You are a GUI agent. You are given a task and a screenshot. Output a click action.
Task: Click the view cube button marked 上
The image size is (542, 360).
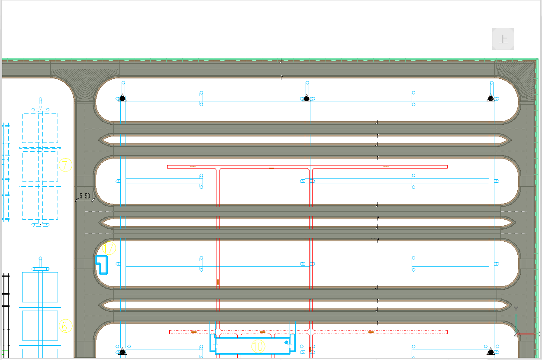[x=503, y=39]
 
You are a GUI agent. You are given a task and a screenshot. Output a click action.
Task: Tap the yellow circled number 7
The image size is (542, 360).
[x=65, y=165]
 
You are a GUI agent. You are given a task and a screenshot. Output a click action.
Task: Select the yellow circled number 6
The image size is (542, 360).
[x=65, y=326]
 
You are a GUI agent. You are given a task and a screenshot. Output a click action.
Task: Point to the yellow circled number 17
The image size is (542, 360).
[x=110, y=249]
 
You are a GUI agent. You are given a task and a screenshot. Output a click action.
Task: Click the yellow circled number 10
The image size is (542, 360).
[x=258, y=346]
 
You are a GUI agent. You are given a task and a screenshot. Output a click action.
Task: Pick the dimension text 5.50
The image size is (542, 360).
[x=84, y=196]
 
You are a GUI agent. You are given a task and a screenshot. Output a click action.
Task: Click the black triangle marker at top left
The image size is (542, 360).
[x=123, y=98]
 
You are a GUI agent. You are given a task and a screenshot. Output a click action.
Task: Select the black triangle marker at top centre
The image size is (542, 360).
[x=306, y=98]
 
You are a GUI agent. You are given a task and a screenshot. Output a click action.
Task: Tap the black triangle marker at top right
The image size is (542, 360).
[x=490, y=98]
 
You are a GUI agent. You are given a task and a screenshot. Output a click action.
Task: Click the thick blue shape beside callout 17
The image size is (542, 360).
[x=101, y=265]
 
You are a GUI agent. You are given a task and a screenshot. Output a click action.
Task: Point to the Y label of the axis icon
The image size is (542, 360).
[x=516, y=308]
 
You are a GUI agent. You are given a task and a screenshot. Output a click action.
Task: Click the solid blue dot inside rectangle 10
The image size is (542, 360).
[x=286, y=343]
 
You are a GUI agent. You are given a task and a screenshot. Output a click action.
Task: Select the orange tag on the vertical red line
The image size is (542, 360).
[x=218, y=282]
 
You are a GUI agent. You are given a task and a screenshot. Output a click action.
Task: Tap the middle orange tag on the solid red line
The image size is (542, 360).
[x=271, y=168]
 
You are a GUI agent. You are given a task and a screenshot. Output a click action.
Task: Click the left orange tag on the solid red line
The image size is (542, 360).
[x=193, y=166]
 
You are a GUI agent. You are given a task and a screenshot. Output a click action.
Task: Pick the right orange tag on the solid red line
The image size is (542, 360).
[x=386, y=166]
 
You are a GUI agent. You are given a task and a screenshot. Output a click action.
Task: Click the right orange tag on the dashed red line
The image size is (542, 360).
[x=371, y=332]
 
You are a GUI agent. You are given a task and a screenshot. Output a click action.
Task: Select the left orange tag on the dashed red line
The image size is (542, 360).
[x=194, y=332]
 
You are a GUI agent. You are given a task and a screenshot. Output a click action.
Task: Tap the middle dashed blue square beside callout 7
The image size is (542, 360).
[x=40, y=166]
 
